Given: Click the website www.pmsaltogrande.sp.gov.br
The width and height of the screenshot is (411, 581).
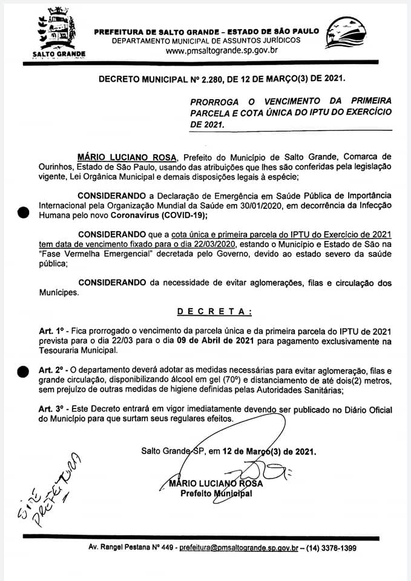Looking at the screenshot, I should (x=221, y=50).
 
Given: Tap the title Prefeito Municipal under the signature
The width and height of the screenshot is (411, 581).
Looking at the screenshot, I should (x=217, y=493).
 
